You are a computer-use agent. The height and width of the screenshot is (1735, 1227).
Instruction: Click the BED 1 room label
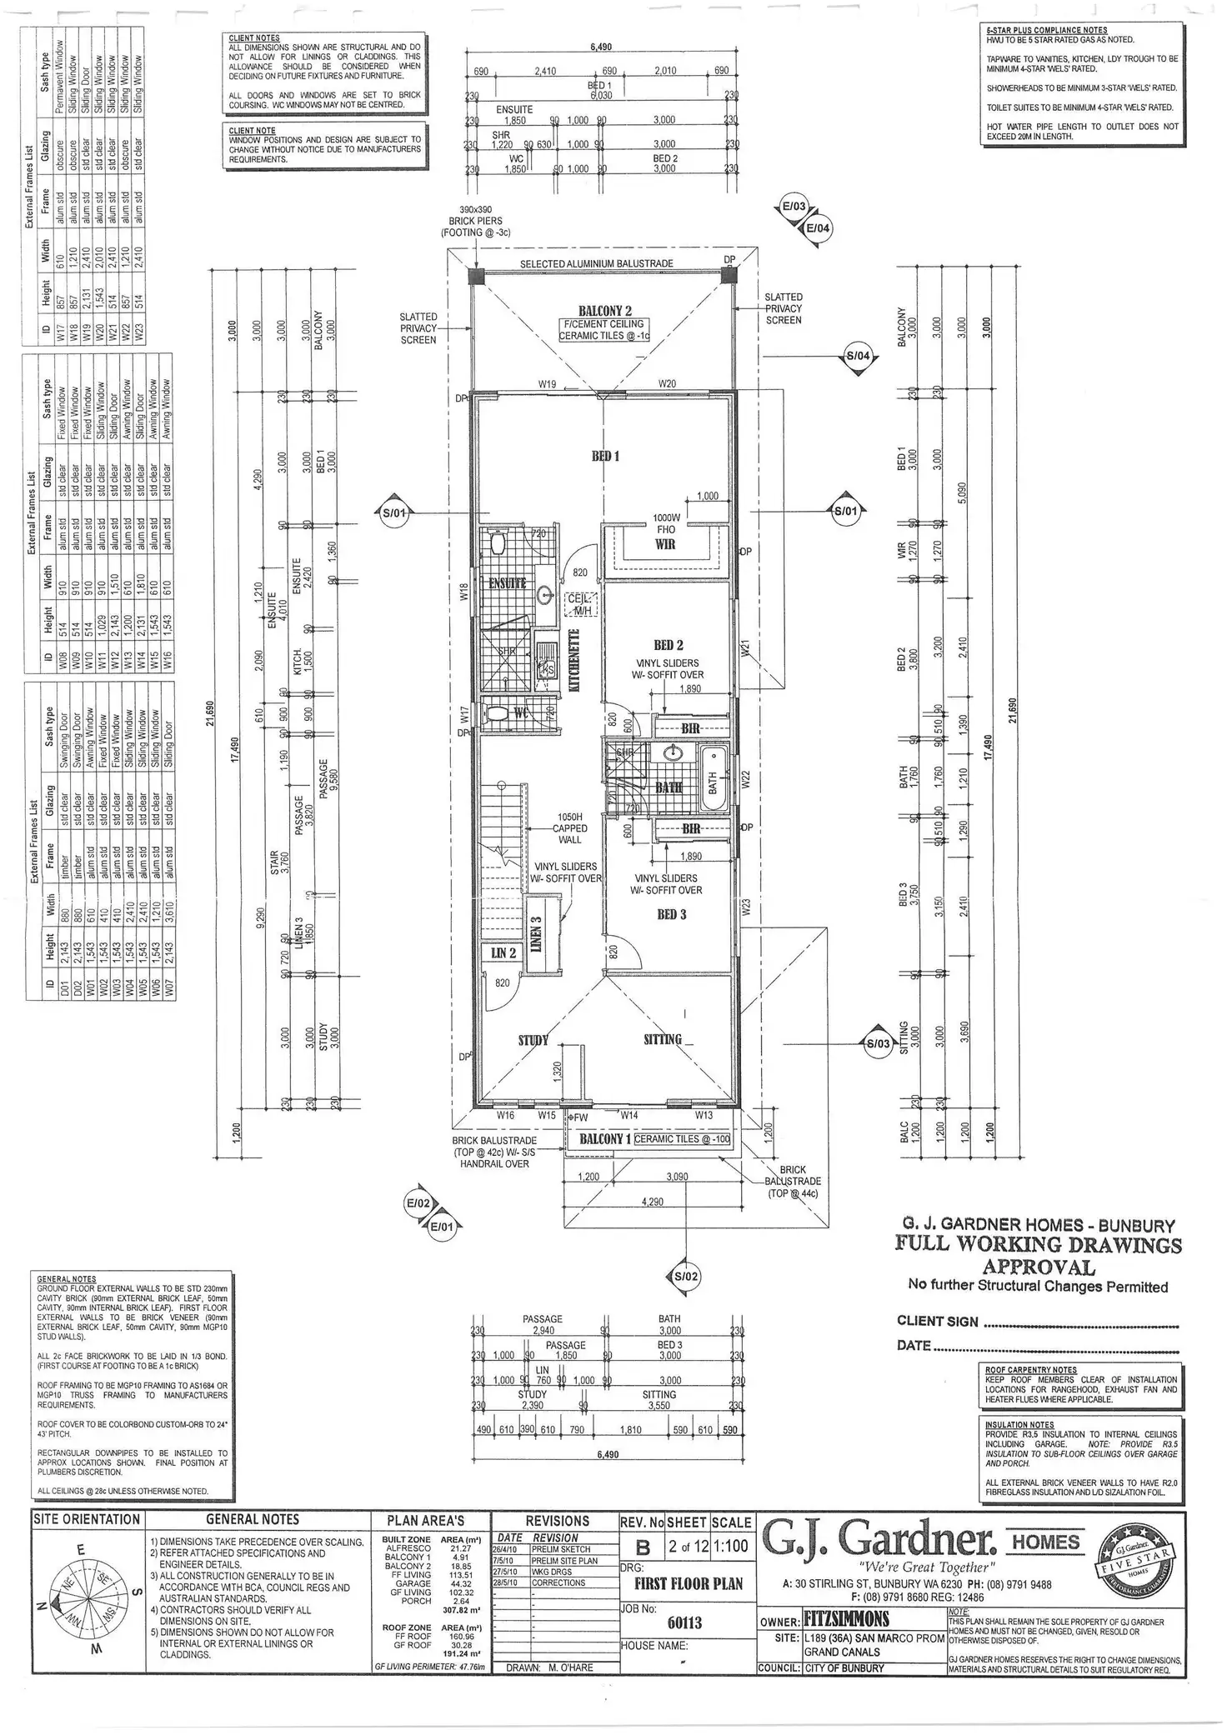click(x=606, y=457)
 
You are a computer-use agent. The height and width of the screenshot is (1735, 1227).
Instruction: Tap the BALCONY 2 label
click(x=604, y=311)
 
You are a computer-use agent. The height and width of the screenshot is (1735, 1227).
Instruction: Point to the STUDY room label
click(x=533, y=1040)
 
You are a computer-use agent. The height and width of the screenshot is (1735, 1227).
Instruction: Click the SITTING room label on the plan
click(x=663, y=1039)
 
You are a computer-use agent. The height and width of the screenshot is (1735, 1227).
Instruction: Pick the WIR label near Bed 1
click(x=664, y=544)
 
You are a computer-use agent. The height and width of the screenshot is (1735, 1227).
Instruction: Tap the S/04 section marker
click(x=858, y=356)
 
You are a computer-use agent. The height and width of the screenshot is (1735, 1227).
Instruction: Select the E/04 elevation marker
click(x=818, y=227)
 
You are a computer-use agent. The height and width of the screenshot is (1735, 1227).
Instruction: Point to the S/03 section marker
click(x=878, y=1043)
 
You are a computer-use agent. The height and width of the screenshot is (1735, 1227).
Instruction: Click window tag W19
click(x=547, y=384)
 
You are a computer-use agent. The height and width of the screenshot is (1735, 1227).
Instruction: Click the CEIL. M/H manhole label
click(x=578, y=604)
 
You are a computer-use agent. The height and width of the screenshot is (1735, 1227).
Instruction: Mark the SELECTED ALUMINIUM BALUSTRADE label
click(x=596, y=263)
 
